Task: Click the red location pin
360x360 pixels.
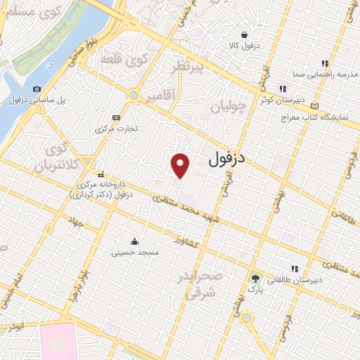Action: (181, 165)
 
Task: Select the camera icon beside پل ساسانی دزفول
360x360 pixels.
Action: (37, 89)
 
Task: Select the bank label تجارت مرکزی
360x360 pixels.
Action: (116, 129)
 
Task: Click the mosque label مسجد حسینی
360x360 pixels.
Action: (139, 252)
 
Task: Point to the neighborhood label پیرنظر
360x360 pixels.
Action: (191, 67)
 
